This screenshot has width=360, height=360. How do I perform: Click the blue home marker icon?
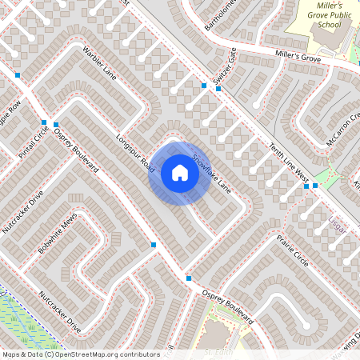179,173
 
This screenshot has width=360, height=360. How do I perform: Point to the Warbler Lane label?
100,63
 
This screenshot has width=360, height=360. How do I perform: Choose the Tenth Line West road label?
290,160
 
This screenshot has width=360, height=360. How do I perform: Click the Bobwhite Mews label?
56,238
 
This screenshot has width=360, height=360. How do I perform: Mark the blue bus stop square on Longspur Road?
154,245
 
